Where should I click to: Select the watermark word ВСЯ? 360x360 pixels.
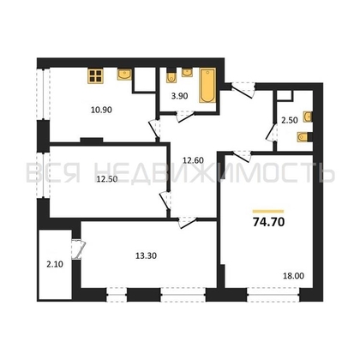[50, 174]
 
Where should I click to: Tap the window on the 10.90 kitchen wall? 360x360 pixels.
[38, 93]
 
